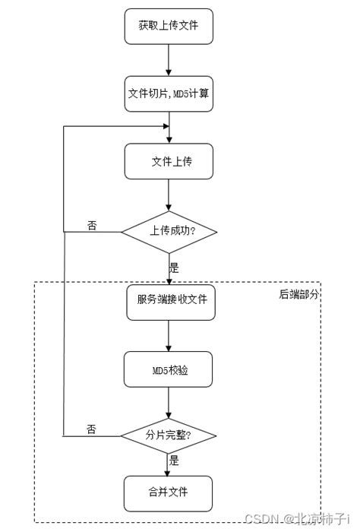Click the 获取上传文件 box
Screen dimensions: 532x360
[168, 26]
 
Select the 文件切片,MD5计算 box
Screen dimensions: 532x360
[168, 93]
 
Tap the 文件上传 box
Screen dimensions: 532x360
[168, 161]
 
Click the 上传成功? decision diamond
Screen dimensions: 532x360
[169, 231]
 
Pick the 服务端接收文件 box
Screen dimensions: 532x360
[168, 299]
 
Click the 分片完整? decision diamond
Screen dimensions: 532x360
[169, 435]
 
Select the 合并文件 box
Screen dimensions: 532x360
[168, 492]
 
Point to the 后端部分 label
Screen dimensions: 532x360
[298, 293]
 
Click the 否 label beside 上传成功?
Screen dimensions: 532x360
[92, 226]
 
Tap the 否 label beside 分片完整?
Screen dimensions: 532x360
[91, 429]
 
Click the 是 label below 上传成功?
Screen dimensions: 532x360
[174, 268]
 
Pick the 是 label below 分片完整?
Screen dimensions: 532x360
[174, 461]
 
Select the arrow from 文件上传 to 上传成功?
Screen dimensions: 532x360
[169, 195]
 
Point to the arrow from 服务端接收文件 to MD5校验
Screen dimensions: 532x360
[169, 334]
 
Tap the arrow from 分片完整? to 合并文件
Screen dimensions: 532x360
[169, 464]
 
